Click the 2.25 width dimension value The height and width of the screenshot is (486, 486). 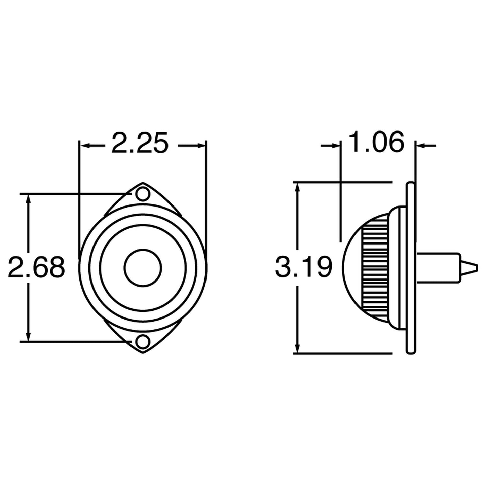[139, 144]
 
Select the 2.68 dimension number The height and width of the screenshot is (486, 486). [37, 267]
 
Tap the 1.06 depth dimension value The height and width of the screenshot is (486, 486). [376, 142]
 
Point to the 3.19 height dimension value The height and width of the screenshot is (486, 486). [304, 267]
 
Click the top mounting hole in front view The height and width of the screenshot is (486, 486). [143, 194]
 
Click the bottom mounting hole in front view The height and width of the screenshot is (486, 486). [143, 341]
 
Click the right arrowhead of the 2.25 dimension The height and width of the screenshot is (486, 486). [202, 146]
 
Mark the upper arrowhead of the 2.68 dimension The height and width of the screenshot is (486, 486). [29, 198]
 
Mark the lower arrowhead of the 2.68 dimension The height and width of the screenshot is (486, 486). [29, 337]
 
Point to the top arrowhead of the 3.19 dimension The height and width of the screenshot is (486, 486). [297, 187]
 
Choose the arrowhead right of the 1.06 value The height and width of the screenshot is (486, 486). [420, 146]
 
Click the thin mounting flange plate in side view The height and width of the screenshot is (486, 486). [411, 267]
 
